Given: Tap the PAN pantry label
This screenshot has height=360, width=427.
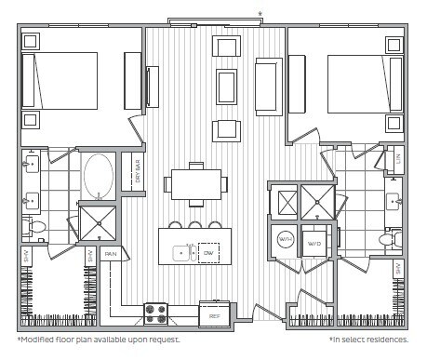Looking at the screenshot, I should click(x=111, y=253).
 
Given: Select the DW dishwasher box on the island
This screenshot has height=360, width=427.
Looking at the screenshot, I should click(x=208, y=253).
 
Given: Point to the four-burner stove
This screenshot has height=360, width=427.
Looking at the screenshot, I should click(x=154, y=314).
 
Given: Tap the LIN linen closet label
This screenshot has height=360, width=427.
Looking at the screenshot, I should click(x=398, y=159).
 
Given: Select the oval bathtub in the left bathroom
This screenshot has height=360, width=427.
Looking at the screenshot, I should click(x=98, y=175).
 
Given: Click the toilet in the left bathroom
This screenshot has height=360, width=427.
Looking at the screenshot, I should click(x=36, y=226).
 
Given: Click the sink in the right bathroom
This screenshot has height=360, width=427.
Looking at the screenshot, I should click(x=394, y=199).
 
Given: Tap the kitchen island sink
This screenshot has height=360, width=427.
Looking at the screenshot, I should click(x=180, y=253).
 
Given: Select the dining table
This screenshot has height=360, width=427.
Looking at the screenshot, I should click(x=195, y=184).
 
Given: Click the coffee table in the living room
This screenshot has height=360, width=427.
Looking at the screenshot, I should click(x=226, y=87).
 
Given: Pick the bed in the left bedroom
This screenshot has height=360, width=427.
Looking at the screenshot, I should click(x=60, y=81).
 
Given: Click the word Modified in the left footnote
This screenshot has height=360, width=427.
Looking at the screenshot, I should click(x=40, y=340).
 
